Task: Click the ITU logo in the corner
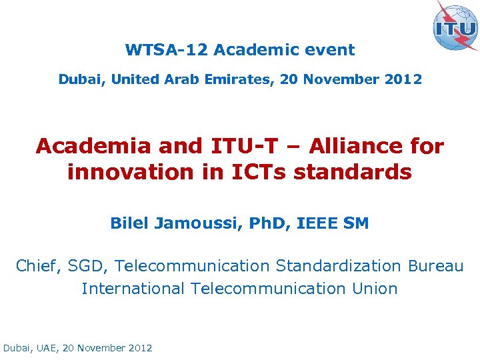coord(455,26)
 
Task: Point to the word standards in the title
coord(353,173)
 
